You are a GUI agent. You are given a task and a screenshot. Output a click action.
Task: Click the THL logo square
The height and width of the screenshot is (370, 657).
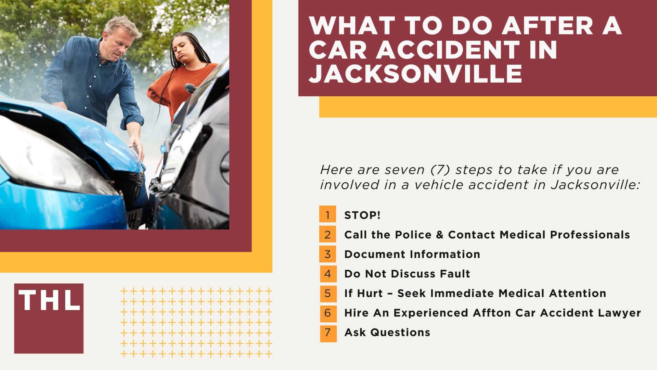[49, 318]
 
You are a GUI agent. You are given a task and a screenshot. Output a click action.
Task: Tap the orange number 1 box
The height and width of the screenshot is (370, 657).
[328, 215]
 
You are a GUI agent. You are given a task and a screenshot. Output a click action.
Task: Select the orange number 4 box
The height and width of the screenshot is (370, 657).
[328, 273]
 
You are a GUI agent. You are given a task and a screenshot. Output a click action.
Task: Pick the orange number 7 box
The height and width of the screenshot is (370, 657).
[328, 332]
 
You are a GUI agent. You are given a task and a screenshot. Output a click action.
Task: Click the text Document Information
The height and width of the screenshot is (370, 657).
[412, 254]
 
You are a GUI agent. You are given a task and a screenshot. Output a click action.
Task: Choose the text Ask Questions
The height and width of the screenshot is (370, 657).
[387, 332]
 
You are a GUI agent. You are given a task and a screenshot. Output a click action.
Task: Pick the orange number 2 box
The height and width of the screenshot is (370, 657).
[328, 235]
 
